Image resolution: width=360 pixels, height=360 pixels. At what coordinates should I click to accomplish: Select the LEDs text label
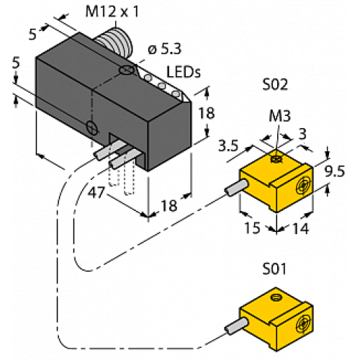click(184, 72)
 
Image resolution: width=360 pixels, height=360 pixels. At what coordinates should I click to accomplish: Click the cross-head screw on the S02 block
click(305, 184)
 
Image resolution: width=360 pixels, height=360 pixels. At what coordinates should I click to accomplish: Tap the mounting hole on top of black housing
click(127, 70)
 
